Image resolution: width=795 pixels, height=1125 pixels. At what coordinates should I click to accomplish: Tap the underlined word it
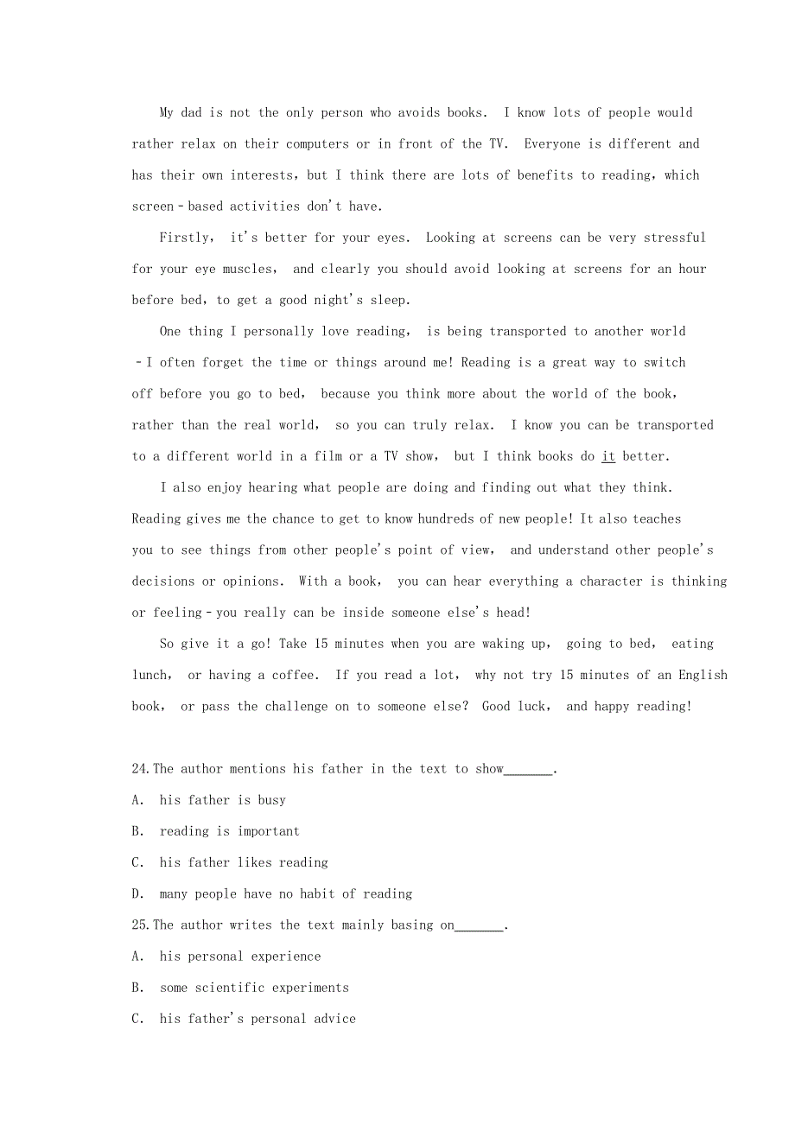point(608,456)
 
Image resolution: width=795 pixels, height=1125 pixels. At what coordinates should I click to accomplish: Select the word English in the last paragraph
point(703,676)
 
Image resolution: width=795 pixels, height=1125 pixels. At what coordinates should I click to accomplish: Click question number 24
point(141,769)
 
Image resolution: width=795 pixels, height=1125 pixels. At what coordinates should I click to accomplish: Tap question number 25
point(141,925)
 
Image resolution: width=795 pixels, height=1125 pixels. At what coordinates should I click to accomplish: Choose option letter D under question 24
point(137,894)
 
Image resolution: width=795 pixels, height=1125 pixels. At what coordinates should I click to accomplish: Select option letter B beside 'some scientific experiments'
point(137,988)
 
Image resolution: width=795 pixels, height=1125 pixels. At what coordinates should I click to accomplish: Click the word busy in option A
point(271,801)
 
